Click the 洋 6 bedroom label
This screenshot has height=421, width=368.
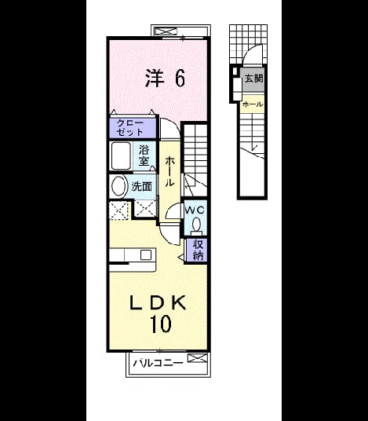pyautogui.click(x=165, y=78)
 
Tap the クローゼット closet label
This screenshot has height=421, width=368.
pyautogui.click(x=130, y=128)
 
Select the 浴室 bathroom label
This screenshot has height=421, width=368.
pyautogui.click(x=144, y=156)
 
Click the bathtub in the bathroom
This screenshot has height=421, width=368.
pyautogui.click(x=121, y=156)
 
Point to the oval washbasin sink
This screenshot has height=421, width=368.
pyautogui.click(x=119, y=187)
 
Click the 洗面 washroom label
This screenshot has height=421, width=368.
pyautogui.click(x=141, y=187)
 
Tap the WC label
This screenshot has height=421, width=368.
pyautogui.click(x=195, y=210)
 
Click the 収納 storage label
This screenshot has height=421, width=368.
pyautogui.click(x=198, y=250)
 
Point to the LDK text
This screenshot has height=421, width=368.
pyautogui.click(x=158, y=303)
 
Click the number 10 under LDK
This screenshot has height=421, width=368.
pyautogui.click(x=160, y=324)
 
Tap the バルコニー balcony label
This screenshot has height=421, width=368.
pyautogui.click(x=158, y=363)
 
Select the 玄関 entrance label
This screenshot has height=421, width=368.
pyautogui.click(x=253, y=79)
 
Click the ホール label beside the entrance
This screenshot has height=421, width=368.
pyautogui.click(x=252, y=104)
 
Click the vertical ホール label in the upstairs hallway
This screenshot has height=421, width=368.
pyautogui.click(x=169, y=171)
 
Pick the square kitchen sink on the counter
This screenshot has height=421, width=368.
pyautogui.click(x=146, y=254)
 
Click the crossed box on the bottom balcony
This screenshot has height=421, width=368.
pyautogui.click(x=198, y=358)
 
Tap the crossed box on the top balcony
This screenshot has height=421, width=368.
pyautogui.click(x=166, y=31)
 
